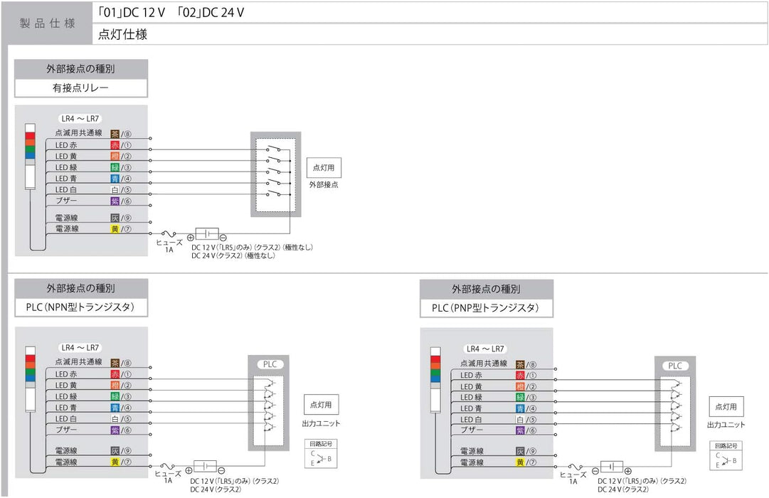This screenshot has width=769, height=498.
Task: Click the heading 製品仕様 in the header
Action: (x=47, y=23)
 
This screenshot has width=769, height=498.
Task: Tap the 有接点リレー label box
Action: (x=80, y=88)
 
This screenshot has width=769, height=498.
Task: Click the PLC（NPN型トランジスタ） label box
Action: (x=80, y=307)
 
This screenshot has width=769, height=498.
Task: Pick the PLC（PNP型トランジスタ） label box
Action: (x=486, y=308)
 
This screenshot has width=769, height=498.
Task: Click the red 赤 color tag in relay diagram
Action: (x=115, y=145)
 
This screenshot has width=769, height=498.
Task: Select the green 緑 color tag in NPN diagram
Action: (x=115, y=396)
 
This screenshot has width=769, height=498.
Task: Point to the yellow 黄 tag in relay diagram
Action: (x=115, y=229)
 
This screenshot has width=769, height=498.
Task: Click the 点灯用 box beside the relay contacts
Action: (x=324, y=168)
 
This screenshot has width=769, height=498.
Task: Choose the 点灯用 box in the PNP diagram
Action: (x=726, y=408)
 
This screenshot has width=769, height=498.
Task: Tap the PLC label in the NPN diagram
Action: (x=270, y=364)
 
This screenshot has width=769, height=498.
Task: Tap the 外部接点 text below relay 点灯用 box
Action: (x=324, y=185)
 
